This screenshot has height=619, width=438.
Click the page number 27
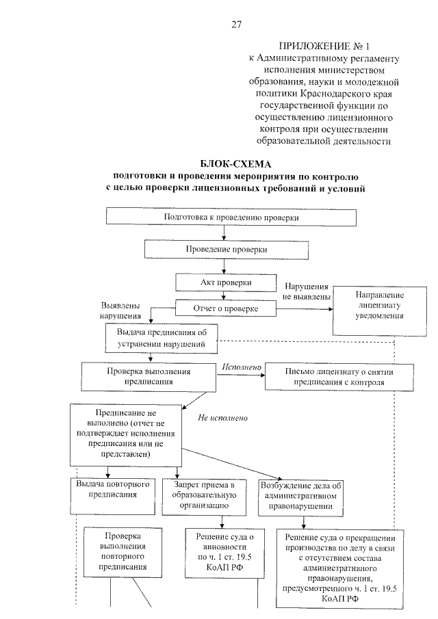(236, 25)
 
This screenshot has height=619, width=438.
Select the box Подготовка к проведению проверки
(231, 218)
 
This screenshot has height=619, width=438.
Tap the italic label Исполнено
(242, 368)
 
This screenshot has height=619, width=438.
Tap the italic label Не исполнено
(222, 417)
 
